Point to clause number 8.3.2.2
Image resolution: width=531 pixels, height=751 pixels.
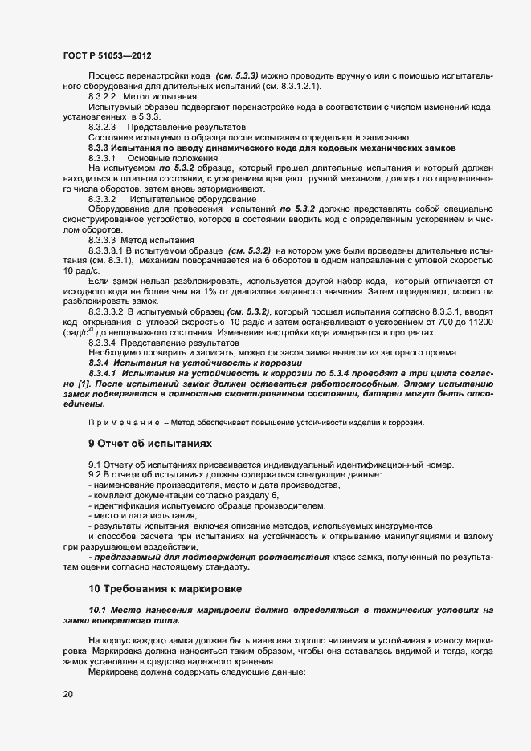103,96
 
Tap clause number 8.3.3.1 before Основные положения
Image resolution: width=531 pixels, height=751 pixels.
103,159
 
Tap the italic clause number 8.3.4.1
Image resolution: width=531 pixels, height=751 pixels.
104,374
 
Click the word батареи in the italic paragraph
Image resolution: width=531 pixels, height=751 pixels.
408,395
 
